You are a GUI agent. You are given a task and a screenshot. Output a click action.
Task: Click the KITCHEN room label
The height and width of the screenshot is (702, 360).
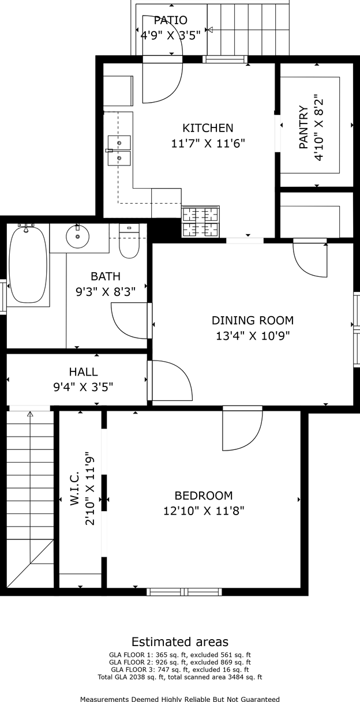tap(208, 128)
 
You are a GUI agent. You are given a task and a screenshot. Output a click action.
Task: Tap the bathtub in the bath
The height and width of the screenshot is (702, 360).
tap(28, 265)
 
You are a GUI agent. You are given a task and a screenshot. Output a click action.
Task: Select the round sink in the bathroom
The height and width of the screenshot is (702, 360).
tap(77, 236)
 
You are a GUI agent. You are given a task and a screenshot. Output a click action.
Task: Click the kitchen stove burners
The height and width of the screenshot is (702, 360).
tap(201, 222)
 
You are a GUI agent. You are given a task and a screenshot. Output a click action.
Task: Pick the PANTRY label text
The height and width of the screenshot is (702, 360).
tap(303, 127)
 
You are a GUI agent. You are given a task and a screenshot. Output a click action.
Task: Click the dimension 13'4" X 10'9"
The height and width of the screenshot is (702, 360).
tap(253, 336)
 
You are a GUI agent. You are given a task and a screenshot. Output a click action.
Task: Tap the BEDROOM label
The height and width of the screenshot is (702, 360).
tap(204, 495)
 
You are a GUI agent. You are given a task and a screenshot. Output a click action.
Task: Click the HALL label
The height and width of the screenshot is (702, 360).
tap(83, 371)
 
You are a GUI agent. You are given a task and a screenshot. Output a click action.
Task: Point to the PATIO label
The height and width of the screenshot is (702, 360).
tap(171, 20)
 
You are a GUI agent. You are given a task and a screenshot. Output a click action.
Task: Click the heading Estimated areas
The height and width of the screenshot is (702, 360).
tap(180, 642)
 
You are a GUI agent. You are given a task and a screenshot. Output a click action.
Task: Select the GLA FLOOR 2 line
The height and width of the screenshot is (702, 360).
tap(180, 662)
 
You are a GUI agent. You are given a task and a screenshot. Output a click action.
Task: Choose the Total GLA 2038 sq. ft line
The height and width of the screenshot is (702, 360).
tap(180, 677)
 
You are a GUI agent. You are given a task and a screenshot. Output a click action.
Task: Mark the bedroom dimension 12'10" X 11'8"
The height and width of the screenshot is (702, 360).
tap(204, 511)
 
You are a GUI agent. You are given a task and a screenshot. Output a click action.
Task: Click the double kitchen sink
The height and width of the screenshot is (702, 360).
tap(119, 151)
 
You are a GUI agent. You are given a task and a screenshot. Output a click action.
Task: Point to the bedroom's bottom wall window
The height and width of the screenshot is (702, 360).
tap(184, 592)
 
